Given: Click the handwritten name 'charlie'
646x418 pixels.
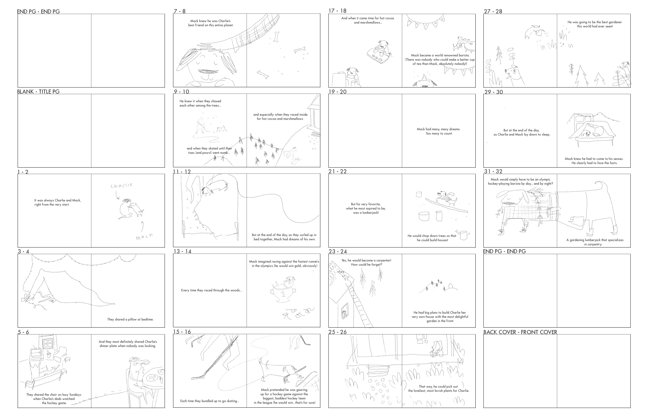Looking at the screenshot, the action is pos(122,185).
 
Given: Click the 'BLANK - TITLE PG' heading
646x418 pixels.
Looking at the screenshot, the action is pos(38,91).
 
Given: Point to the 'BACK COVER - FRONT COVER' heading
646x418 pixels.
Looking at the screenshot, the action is pos(520,332).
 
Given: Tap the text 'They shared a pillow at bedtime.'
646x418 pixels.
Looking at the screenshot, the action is pos(130,319).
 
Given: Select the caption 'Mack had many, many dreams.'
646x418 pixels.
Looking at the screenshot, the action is pos(439,129).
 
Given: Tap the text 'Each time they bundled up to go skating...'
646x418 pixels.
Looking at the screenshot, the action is pos(210,401).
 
